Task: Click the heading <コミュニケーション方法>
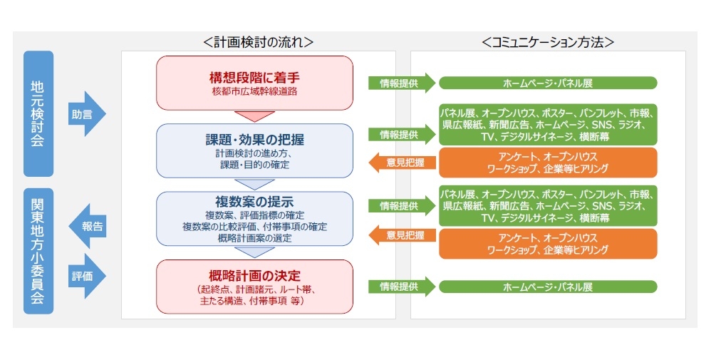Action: pyautogui.click(x=547, y=42)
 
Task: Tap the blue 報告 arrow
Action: pyautogui.click(x=87, y=227)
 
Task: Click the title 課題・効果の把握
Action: pyautogui.click(x=254, y=139)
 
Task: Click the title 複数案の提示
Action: pyautogui.click(x=254, y=201)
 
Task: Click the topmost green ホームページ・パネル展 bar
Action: pyautogui.click(x=547, y=83)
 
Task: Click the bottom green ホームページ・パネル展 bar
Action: pyautogui.click(x=547, y=287)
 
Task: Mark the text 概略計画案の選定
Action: pyautogui.click(x=254, y=237)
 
